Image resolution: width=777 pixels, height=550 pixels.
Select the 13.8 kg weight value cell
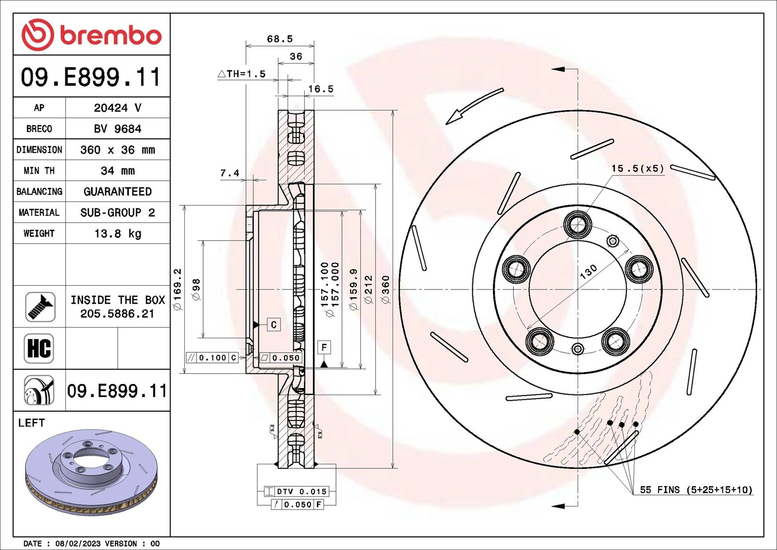[x=117, y=234]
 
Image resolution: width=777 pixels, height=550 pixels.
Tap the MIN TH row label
[x=39, y=171]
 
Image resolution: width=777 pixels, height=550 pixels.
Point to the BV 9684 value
[x=117, y=129]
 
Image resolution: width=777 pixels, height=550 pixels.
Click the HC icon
[x=39, y=348]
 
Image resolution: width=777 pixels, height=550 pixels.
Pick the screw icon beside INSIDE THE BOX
[x=40, y=307]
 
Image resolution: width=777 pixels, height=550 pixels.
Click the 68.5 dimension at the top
[x=280, y=39]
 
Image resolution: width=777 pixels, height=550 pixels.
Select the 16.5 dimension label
[x=321, y=89]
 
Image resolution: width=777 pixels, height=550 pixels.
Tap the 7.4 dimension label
[x=229, y=173]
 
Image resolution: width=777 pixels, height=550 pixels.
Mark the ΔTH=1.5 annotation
[x=242, y=74]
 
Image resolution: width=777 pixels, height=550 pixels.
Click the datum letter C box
[x=274, y=325]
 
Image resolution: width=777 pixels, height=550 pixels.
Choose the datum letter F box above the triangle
[x=324, y=347]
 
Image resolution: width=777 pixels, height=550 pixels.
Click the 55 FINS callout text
[x=696, y=490]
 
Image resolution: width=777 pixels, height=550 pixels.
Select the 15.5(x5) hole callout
[x=637, y=168]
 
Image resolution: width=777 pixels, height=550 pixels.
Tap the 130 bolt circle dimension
[x=588, y=272]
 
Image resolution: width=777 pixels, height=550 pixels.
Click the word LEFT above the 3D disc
[x=31, y=423]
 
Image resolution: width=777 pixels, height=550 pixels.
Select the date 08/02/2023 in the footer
[x=78, y=543]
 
